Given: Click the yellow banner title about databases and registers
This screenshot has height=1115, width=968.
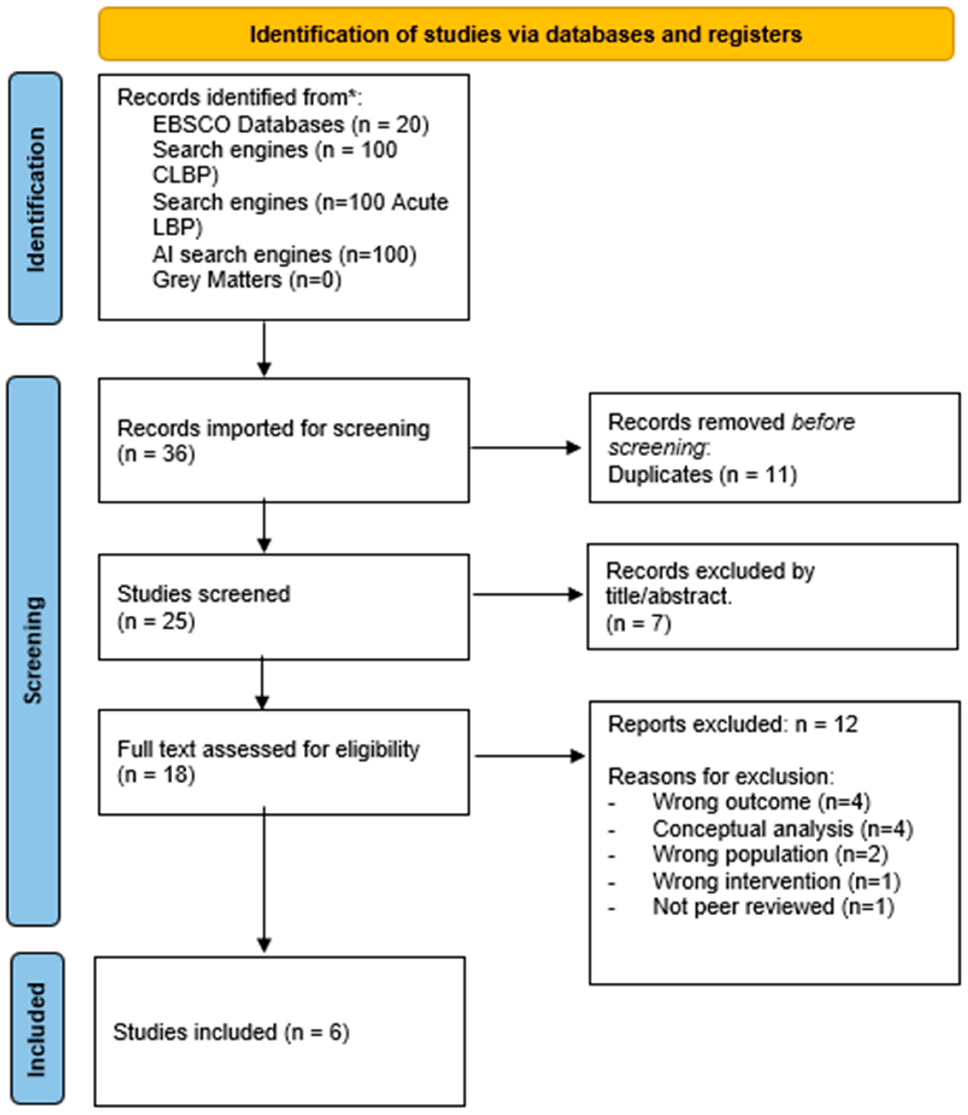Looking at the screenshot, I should pyautogui.click(x=525, y=34).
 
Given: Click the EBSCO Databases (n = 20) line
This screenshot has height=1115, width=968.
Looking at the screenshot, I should pyautogui.click(x=291, y=125).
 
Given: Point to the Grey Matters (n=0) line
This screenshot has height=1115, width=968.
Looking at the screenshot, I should pyautogui.click(x=247, y=280).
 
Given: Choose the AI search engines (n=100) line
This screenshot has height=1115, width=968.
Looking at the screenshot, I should pyautogui.click(x=284, y=254).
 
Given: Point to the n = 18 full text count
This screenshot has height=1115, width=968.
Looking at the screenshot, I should pyautogui.click(x=156, y=774).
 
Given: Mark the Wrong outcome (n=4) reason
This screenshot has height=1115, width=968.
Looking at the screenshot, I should pyautogui.click(x=761, y=802).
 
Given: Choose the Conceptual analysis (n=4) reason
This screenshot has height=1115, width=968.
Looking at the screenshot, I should pyautogui.click(x=782, y=829).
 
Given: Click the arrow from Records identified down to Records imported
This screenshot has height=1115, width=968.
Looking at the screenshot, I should pyautogui.click(x=264, y=349).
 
